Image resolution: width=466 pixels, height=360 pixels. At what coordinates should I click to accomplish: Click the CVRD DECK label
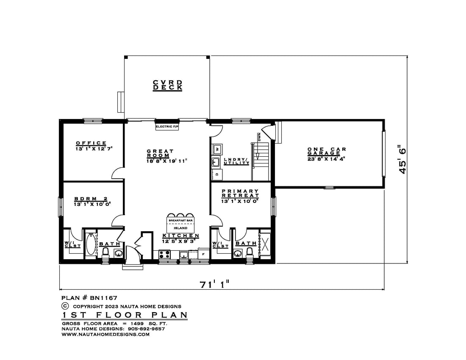(x=167, y=85)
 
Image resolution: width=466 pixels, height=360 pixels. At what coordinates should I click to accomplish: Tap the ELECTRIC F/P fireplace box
(x=167, y=127)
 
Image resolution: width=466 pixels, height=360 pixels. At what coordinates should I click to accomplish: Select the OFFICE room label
(x=91, y=143)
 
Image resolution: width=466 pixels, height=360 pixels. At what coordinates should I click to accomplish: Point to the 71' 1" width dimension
(x=215, y=284)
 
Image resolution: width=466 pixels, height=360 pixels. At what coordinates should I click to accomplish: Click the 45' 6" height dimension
(x=402, y=160)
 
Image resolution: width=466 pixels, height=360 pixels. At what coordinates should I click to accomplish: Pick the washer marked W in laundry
(x=217, y=149)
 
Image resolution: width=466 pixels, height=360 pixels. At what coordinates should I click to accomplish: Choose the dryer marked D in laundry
(x=217, y=174)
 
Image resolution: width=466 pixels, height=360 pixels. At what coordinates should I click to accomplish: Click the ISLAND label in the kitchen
(x=180, y=228)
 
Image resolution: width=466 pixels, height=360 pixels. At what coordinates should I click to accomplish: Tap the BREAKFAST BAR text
(x=181, y=220)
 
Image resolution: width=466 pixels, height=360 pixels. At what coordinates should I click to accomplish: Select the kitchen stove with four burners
(x=164, y=255)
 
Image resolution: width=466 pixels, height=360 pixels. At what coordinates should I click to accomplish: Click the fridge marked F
(x=204, y=254)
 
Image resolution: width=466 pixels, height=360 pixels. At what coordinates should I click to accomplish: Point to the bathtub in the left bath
(x=91, y=244)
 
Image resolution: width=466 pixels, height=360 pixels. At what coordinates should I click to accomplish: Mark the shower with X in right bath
(x=265, y=244)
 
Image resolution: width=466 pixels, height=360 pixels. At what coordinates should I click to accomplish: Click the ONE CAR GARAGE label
(x=327, y=151)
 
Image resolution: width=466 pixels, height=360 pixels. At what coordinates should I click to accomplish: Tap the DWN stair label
(x=259, y=137)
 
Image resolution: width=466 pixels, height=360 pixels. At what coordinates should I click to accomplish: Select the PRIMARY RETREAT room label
(x=240, y=194)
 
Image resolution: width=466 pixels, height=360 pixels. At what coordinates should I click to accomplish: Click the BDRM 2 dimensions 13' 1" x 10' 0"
(x=92, y=204)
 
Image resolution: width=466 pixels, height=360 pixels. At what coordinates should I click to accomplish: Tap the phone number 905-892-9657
(x=146, y=329)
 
